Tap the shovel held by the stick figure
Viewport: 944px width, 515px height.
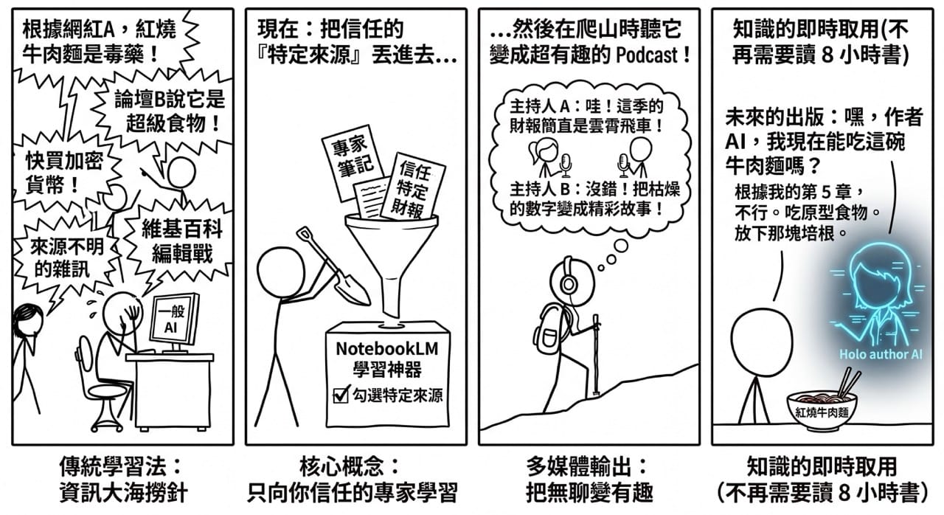coord(333,266)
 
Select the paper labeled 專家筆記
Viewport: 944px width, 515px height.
coord(352,162)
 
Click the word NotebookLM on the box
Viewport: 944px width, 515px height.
coord(387,349)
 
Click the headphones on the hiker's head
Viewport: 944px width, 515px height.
coord(567,280)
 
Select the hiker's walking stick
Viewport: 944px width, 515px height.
coord(597,355)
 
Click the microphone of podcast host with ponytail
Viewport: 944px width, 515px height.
coord(565,165)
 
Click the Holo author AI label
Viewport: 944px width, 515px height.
coord(881,354)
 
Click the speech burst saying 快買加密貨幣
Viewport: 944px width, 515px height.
coord(64,173)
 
